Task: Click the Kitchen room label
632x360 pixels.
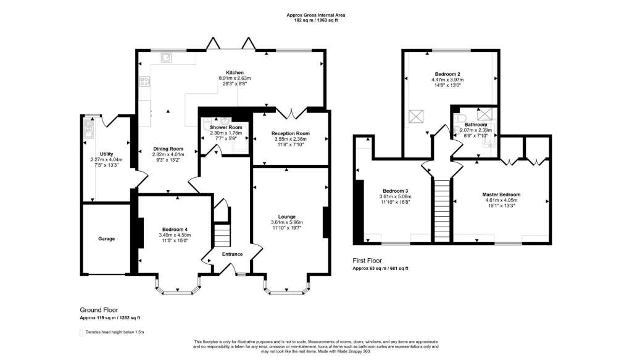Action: coord(235,73)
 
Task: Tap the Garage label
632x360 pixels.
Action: coord(106,238)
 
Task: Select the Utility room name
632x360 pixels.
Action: coord(106,154)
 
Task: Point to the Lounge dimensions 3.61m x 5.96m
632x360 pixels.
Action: coord(286,222)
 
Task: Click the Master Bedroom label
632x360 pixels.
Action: coord(501,195)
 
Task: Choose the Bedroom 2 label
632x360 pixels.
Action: coord(447,74)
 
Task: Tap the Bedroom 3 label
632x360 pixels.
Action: coord(396,191)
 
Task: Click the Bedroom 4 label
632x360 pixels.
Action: coord(175,229)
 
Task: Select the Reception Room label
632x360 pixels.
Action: coord(291,133)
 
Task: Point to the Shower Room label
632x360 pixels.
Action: coord(226,127)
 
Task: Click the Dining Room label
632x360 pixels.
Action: coord(168,149)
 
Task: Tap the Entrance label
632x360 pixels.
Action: coord(233,254)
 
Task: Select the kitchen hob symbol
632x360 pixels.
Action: coord(144,82)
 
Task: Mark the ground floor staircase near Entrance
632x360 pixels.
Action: coord(222,236)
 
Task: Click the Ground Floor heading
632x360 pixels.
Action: coord(99,310)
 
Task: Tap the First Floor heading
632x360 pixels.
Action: coord(367,261)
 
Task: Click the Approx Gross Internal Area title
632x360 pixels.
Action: coord(316,15)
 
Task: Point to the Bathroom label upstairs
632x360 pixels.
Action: coord(476,125)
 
